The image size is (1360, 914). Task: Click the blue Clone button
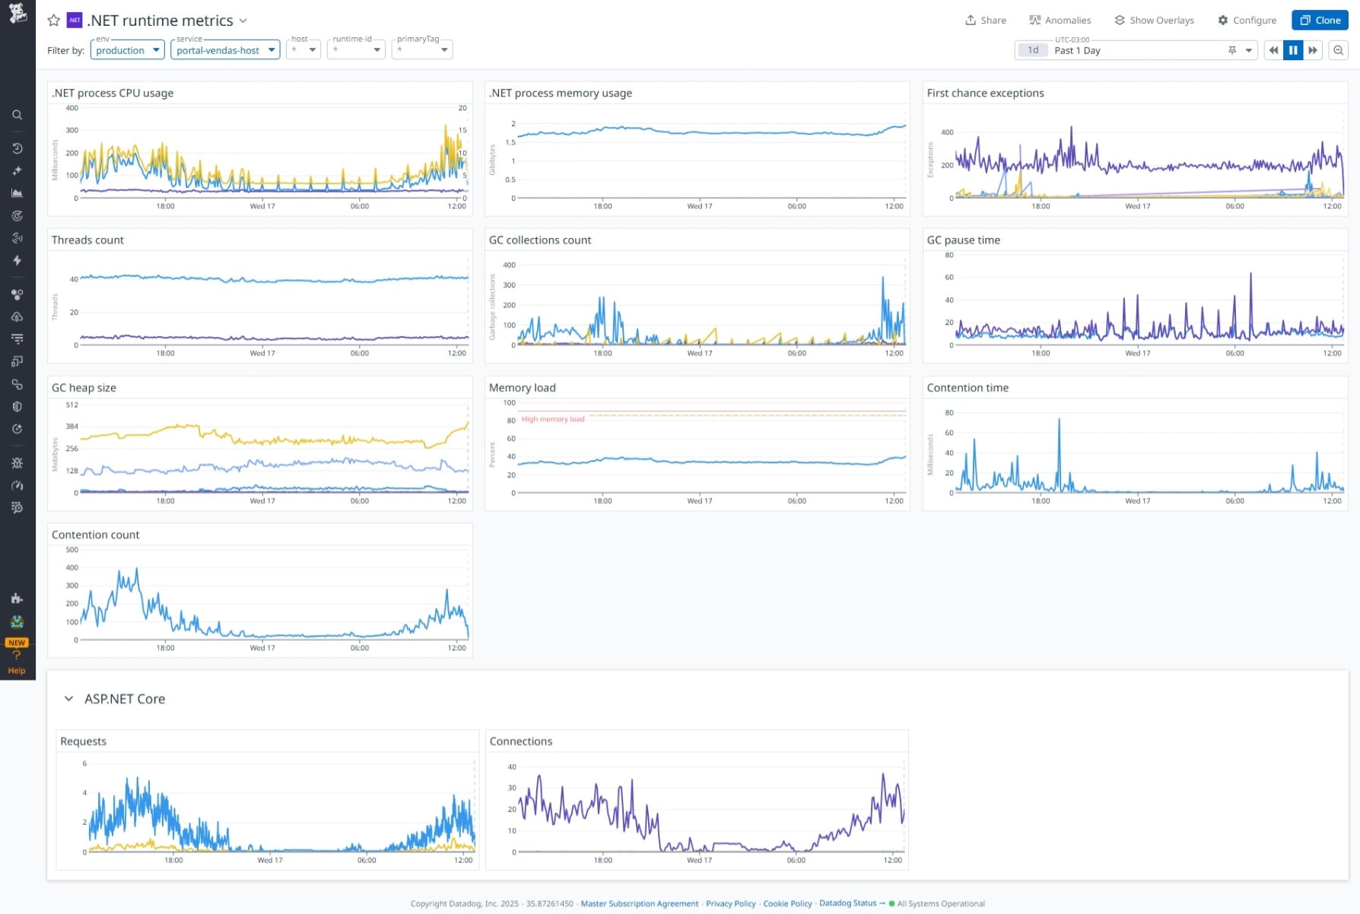(x=1320, y=21)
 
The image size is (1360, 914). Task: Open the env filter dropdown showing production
(x=127, y=50)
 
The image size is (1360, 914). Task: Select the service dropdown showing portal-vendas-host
(x=225, y=50)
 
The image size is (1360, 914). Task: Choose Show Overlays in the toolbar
(x=1154, y=21)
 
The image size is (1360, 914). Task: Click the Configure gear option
(x=1247, y=21)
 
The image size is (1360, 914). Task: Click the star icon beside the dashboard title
(x=54, y=21)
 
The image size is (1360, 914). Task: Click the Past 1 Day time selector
(x=1135, y=50)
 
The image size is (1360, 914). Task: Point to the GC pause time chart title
(x=963, y=240)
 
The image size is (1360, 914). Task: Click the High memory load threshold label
(x=553, y=419)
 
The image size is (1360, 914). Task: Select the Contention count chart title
(x=95, y=535)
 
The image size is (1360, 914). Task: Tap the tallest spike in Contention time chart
(x=1059, y=421)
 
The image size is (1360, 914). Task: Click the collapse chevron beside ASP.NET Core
(x=68, y=699)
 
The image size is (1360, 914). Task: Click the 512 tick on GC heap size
(x=71, y=405)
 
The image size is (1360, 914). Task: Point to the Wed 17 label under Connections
(x=699, y=860)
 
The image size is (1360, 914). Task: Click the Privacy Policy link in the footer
(x=730, y=903)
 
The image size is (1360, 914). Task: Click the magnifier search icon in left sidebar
(x=17, y=115)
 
